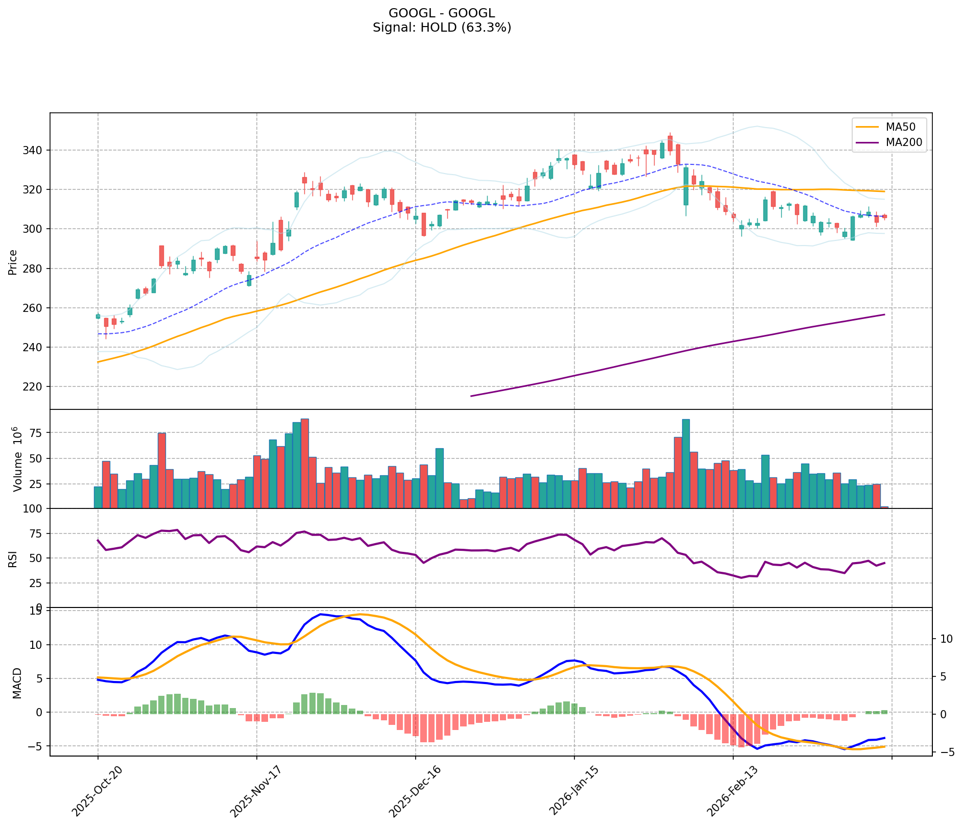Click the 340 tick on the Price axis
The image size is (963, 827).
(x=36, y=150)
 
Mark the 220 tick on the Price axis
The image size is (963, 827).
(x=36, y=386)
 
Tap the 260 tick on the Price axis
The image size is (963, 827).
(x=36, y=308)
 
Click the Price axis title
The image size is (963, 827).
(x=13, y=262)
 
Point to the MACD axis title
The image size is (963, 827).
(x=17, y=683)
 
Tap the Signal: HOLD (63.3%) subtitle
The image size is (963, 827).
(x=442, y=28)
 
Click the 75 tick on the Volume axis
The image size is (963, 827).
(x=39, y=432)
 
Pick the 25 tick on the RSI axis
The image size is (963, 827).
(x=39, y=583)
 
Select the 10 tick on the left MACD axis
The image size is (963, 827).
(x=39, y=645)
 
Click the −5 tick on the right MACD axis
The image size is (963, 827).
(x=943, y=752)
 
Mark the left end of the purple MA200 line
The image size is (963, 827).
(x=471, y=396)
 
